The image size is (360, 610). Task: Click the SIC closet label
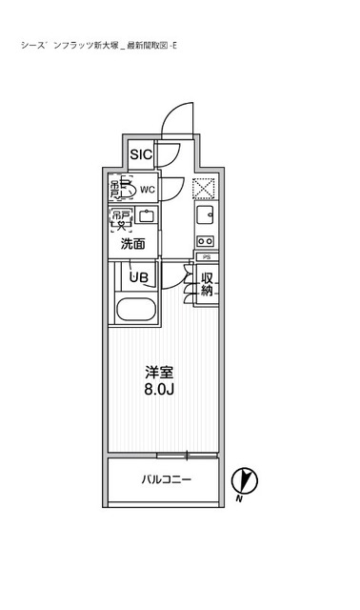click(x=140, y=154)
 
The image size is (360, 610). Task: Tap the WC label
click(x=148, y=190)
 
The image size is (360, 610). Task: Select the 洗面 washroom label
click(x=132, y=244)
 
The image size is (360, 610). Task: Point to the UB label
click(x=139, y=277)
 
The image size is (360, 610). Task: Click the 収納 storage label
click(x=207, y=284)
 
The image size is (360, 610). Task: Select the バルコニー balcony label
click(x=166, y=479)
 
